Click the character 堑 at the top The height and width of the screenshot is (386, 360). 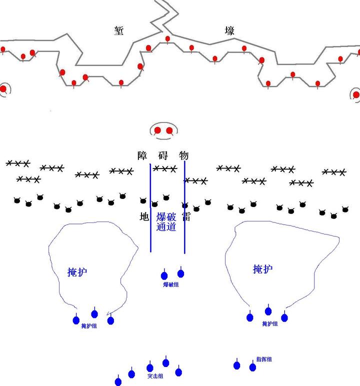point(119,31)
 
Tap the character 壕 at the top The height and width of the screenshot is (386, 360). point(229,31)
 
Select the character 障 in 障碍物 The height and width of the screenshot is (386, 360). point(143,155)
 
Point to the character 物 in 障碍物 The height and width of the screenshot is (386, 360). point(183,155)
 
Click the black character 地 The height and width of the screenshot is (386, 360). point(144,216)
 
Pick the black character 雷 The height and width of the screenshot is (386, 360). point(186,216)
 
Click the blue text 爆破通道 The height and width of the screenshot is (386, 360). point(166,221)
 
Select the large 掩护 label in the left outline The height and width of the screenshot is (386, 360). point(77,272)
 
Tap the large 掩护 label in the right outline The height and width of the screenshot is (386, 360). point(262,269)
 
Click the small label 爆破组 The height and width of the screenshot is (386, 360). point(171,284)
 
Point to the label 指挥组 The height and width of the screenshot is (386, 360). point(264,359)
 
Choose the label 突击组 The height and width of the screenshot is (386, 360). point(154,376)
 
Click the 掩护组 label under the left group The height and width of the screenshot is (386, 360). point(89,326)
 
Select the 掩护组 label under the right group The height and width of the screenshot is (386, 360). point(270,324)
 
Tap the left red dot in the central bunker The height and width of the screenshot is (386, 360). point(157,130)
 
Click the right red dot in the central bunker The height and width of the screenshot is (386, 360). point(169,130)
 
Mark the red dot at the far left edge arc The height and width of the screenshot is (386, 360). point(3,89)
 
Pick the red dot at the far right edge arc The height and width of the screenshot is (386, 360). point(356,94)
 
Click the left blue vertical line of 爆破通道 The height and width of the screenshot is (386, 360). point(151,205)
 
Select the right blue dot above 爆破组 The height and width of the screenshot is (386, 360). point(181,273)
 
